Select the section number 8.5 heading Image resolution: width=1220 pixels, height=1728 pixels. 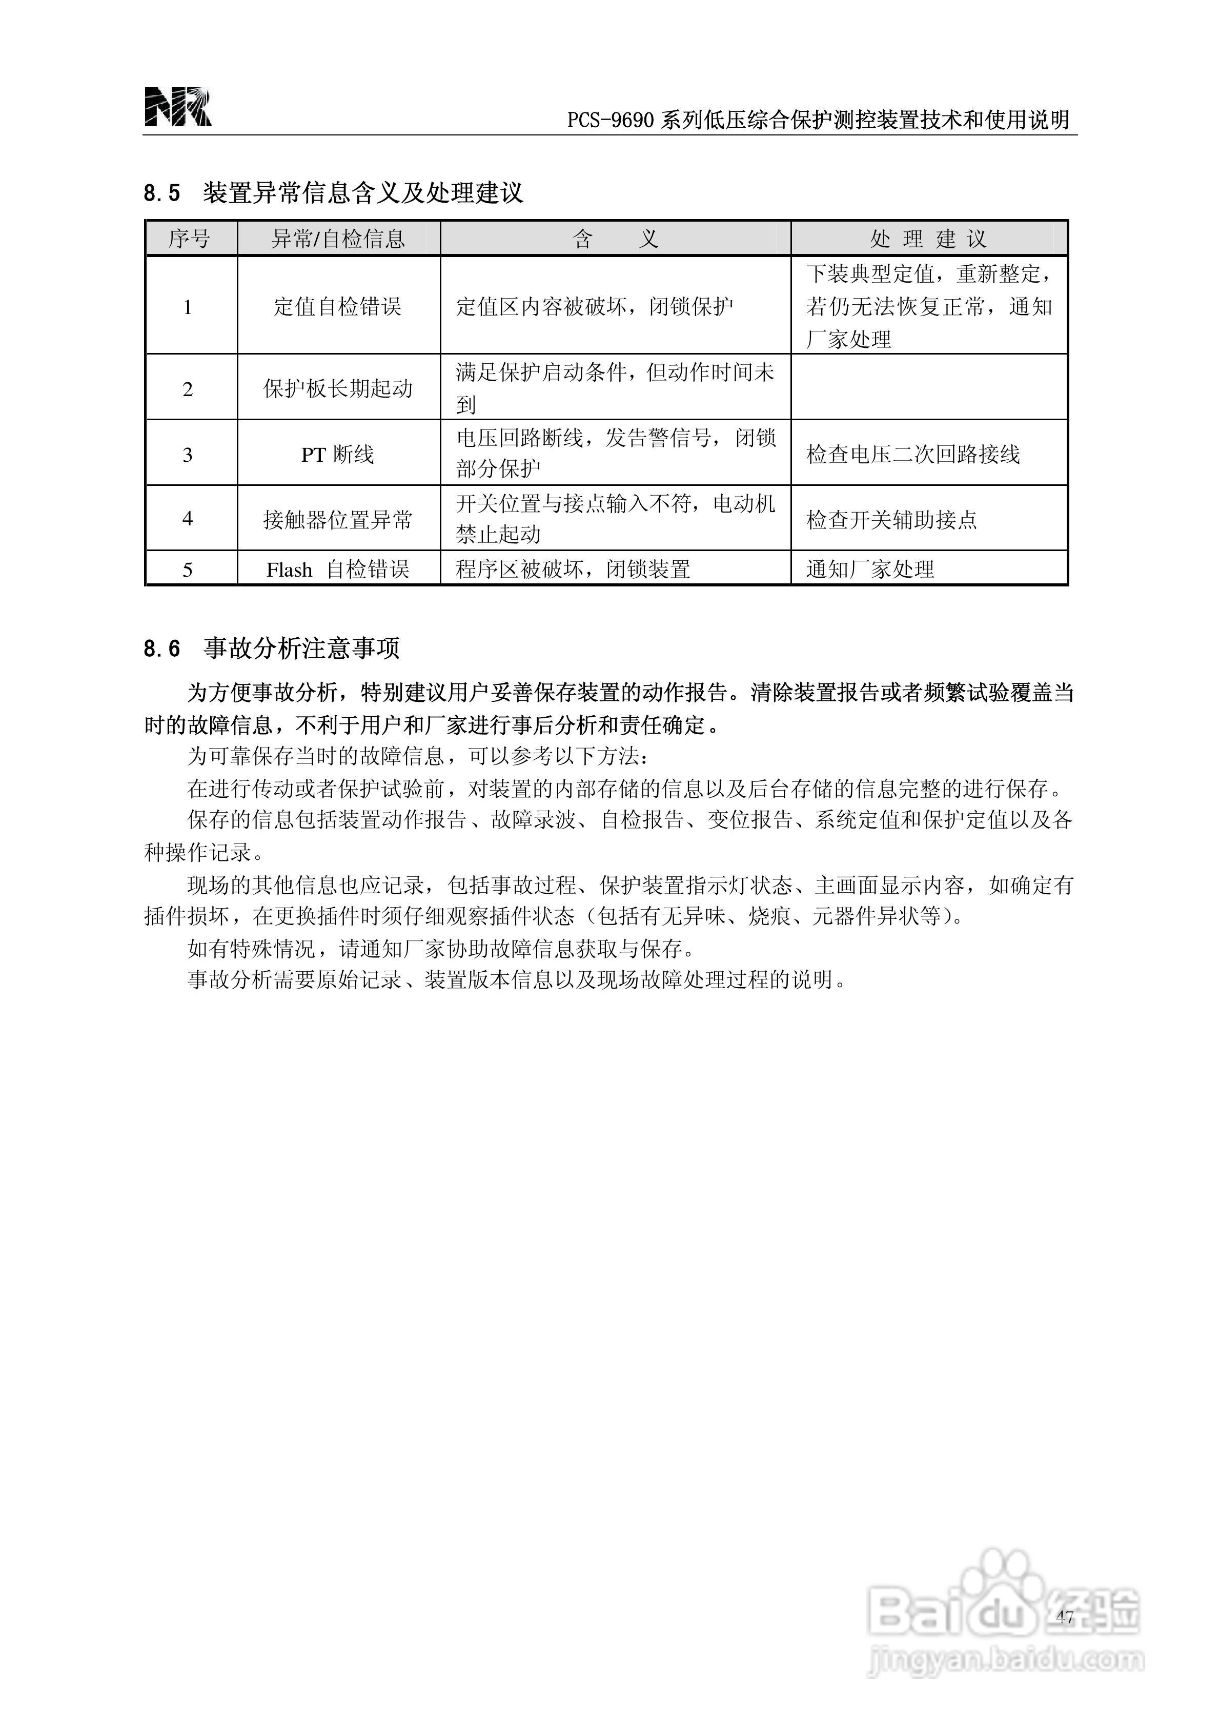coord(161,193)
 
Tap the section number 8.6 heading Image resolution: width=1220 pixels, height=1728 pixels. coord(161,649)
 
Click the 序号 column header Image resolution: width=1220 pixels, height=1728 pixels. coord(190,239)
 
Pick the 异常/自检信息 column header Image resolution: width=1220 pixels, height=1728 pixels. coord(338,239)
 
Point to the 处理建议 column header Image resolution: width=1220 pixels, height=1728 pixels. coord(928,239)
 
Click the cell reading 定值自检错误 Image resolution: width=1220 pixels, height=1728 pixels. coord(338,306)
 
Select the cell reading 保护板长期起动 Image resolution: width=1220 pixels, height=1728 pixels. coord(338,388)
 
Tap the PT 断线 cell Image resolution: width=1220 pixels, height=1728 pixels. coord(338,455)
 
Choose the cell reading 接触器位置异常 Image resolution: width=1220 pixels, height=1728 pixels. coord(338,519)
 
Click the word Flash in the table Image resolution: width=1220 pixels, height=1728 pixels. coord(289,570)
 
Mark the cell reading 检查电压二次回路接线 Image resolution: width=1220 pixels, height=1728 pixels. coord(913,455)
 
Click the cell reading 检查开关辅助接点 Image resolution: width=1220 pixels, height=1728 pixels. coord(891,519)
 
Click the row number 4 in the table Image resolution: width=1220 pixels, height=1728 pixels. coord(188,519)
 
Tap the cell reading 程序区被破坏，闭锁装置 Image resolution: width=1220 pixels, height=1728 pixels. coord(573,570)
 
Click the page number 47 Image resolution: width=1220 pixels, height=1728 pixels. coord(1064,1617)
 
